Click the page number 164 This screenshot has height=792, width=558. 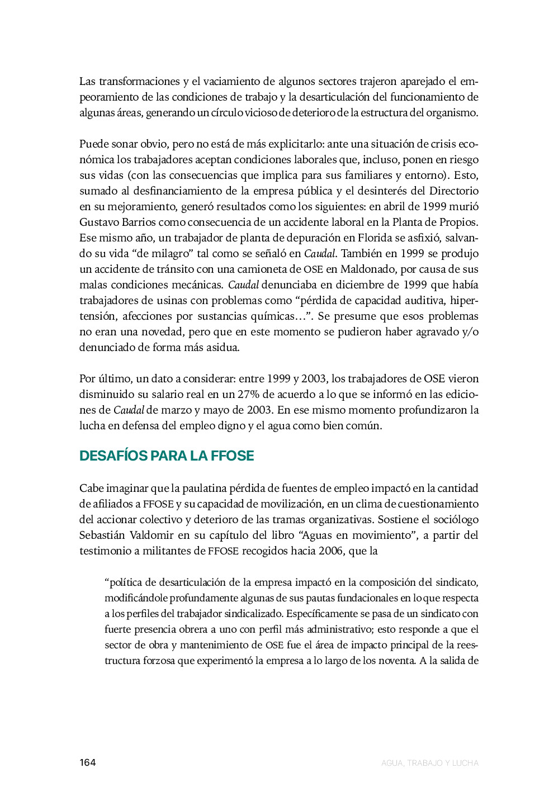click(87, 762)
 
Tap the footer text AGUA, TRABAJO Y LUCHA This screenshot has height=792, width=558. click(429, 763)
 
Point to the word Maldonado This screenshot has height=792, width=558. click(368, 269)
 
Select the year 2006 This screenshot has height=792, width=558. click(331, 551)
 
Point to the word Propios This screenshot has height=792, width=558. click(458, 222)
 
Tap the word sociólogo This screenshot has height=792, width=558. click(455, 519)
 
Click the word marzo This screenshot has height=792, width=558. click(176, 410)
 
